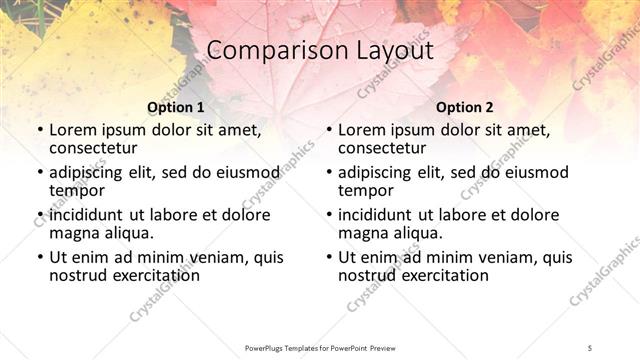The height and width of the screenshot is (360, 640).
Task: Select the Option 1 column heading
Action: pyautogui.click(x=175, y=107)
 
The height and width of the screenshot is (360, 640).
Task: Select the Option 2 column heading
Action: pyautogui.click(x=464, y=107)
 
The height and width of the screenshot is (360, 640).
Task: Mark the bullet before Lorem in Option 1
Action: pyautogui.click(x=39, y=130)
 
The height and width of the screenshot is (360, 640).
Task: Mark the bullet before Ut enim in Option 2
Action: pyautogui.click(x=328, y=258)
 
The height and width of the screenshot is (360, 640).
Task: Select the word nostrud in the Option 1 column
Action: pyautogui.click(x=79, y=275)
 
